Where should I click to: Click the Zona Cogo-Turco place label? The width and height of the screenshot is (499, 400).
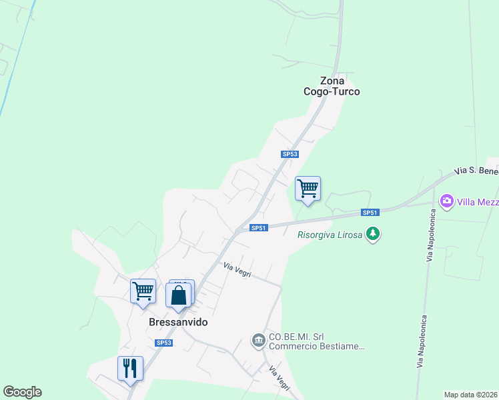pos(332,86)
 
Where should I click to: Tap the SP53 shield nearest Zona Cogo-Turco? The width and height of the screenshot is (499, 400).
pos(290,154)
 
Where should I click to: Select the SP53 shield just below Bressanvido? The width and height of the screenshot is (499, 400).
pos(164,343)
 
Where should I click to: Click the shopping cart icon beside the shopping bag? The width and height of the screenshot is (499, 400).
pos(143,291)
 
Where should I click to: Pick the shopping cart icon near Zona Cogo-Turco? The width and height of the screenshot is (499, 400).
pos(308,188)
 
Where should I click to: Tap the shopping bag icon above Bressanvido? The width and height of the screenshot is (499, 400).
pos(179,295)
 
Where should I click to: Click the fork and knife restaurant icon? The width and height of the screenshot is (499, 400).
pos(130,368)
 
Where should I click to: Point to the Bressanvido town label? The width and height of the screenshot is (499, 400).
pos(177,322)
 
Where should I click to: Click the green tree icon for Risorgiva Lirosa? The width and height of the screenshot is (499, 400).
pos(374,234)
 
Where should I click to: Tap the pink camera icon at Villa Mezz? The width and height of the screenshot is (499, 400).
pos(446,201)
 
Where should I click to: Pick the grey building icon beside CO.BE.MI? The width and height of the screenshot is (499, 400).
pos(258,341)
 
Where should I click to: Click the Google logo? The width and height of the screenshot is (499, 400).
pos(22,392)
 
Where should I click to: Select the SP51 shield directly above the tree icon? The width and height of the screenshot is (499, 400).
pos(370,213)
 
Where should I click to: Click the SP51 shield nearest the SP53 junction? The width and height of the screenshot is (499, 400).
pos(259,228)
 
